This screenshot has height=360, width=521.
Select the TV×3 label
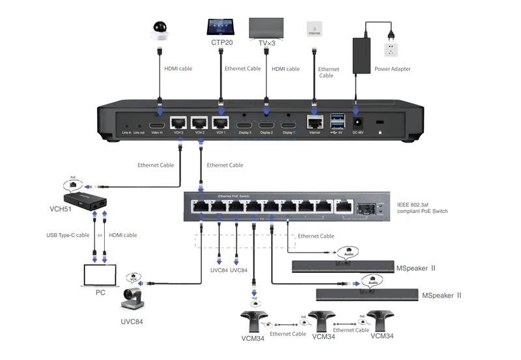click(x=266, y=43)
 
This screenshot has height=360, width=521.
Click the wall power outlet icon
click(x=391, y=50)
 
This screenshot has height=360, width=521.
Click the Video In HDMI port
click(x=157, y=124)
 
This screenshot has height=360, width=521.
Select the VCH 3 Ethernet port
click(x=178, y=123)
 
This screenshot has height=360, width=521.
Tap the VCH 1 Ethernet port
click(x=221, y=123)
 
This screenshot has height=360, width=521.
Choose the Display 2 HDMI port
click(x=266, y=124)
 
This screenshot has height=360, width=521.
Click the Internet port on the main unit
click(x=315, y=122)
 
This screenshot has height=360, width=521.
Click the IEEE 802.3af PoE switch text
click(x=423, y=207)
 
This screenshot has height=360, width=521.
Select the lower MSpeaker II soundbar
click(x=365, y=294)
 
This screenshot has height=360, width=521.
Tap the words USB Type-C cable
click(x=67, y=235)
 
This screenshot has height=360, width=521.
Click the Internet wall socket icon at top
click(x=314, y=29)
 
